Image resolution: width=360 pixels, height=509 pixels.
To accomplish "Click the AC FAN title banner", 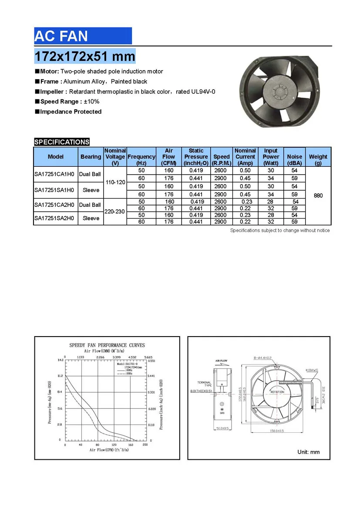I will coord(83,36).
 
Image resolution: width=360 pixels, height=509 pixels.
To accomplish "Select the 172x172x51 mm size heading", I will coord(85,56).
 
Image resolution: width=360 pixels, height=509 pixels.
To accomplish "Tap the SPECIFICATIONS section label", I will coord(62,142).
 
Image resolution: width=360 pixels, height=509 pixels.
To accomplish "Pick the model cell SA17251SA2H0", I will coord(55,218).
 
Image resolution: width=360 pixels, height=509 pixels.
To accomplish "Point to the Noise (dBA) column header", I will coord(295,157).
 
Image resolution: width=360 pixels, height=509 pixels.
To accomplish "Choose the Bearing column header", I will coord(91,157).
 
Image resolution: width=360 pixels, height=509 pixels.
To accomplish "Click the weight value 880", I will coord(318,196).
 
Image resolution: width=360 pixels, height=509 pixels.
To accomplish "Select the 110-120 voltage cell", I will coord(115,182).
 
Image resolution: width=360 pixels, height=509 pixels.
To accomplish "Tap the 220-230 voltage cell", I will coord(115,212).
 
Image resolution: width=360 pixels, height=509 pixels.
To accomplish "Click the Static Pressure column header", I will coord(196,157).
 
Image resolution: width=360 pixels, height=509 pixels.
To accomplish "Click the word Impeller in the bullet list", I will coord(54,91).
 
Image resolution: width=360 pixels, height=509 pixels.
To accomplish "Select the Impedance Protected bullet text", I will coord(71,111).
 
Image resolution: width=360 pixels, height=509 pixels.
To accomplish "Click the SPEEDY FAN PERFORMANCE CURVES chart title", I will coord(107,345).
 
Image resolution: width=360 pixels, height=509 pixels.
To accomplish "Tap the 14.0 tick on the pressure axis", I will coord(60,361).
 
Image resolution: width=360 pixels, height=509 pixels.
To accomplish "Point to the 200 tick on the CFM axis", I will coord(145,445).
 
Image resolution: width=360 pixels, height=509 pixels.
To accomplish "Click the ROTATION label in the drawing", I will coord(277,392).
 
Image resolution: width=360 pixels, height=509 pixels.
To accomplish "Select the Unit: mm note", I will coord(308,452).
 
